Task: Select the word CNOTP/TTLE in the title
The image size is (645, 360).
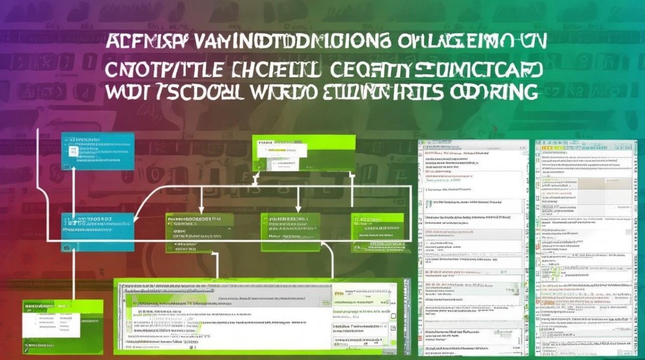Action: click(x=164, y=70)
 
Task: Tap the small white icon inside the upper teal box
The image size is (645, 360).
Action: click(x=73, y=152)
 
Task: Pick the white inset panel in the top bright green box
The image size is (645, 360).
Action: click(x=279, y=156)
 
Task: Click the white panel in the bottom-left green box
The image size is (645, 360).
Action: click(x=46, y=320)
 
